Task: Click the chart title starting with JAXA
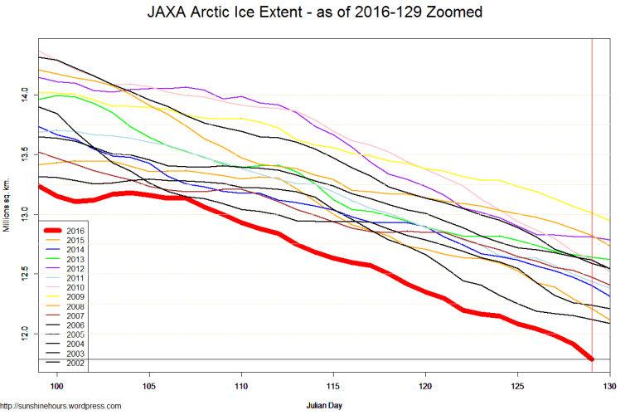click(315, 13)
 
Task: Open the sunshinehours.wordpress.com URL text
click(61, 406)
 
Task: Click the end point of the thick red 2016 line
click(592, 359)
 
